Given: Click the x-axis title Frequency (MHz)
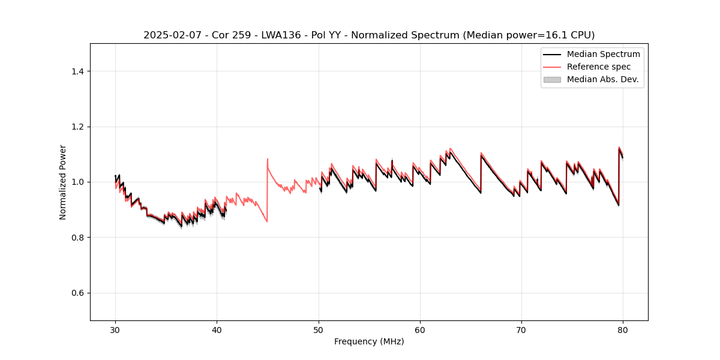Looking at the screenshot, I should [x=369, y=341].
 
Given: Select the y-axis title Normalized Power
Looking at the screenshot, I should [x=62, y=182].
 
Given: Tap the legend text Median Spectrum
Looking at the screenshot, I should [x=603, y=54].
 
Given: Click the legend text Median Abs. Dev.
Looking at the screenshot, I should [x=602, y=79].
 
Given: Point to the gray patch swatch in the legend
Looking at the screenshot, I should [x=551, y=79].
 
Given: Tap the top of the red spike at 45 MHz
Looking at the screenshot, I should [x=268, y=159].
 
